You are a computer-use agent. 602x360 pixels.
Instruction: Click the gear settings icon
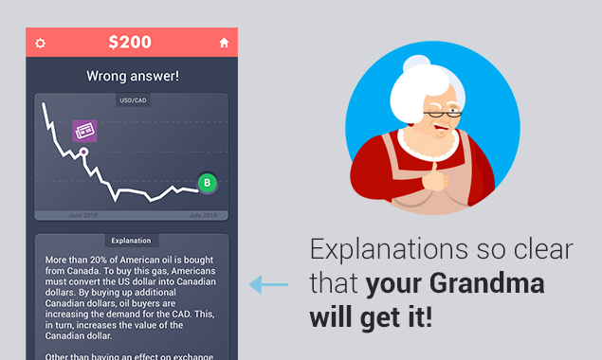pos(40,43)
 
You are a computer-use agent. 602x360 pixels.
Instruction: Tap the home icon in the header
pos(224,43)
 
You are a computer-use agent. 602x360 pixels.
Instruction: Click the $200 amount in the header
pos(131,43)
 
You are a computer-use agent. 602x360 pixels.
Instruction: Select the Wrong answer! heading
pos(132,75)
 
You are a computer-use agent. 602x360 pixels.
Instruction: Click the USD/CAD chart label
pos(131,99)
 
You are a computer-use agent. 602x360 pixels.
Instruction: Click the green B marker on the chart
pos(207,183)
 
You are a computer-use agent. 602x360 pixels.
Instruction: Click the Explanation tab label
pos(131,241)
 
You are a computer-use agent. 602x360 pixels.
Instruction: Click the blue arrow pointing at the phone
pos(268,283)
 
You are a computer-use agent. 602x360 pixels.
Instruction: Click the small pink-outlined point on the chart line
pos(83,152)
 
